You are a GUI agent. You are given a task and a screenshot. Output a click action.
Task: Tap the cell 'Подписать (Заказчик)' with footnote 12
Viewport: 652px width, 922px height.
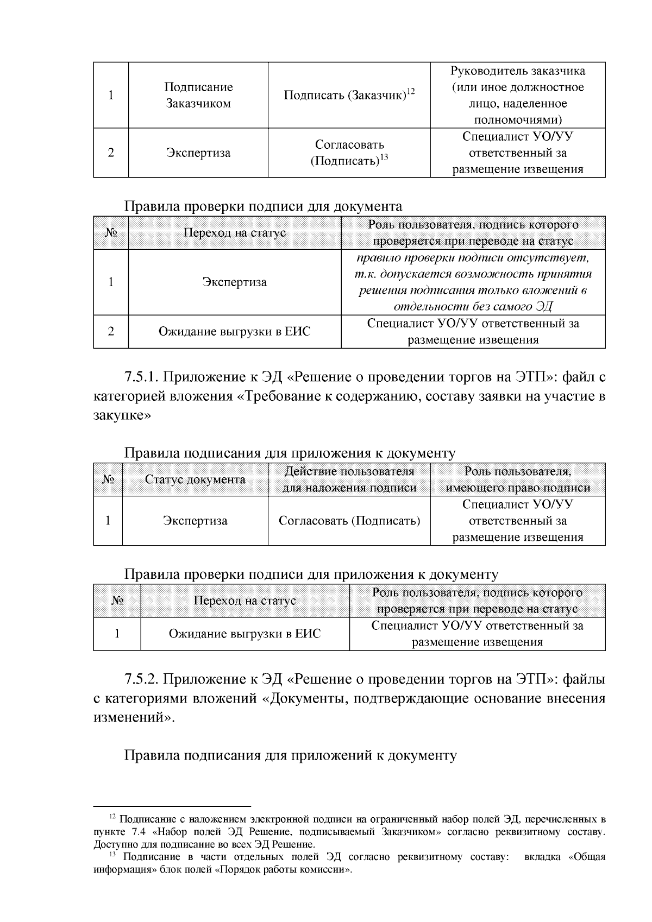[349, 96]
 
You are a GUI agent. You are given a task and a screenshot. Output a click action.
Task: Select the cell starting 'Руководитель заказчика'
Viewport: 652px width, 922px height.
[517, 96]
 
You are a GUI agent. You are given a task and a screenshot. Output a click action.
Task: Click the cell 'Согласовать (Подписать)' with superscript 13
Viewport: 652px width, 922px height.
[349, 153]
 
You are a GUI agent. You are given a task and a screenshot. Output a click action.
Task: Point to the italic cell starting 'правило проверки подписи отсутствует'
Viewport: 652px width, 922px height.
[473, 282]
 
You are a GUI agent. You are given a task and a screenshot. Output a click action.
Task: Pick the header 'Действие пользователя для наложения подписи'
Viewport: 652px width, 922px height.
[349, 480]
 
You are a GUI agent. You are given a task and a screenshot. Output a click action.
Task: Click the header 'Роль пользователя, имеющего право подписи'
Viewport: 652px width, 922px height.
[517, 480]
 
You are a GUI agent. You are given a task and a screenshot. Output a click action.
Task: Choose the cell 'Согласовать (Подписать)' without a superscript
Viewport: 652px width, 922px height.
[349, 521]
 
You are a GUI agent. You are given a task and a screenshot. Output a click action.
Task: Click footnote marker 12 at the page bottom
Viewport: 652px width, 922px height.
[112, 817]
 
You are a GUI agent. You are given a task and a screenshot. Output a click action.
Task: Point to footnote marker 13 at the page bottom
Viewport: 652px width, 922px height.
[112, 855]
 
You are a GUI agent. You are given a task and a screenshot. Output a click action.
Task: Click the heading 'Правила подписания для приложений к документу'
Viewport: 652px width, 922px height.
[290, 755]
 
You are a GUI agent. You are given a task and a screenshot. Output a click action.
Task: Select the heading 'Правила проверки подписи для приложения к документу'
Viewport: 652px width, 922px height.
[311, 574]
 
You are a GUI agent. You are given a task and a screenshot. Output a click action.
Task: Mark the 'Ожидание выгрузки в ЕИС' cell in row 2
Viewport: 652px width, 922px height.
[234, 331]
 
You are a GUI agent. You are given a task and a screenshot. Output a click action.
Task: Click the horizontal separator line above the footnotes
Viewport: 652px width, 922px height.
[172, 807]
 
